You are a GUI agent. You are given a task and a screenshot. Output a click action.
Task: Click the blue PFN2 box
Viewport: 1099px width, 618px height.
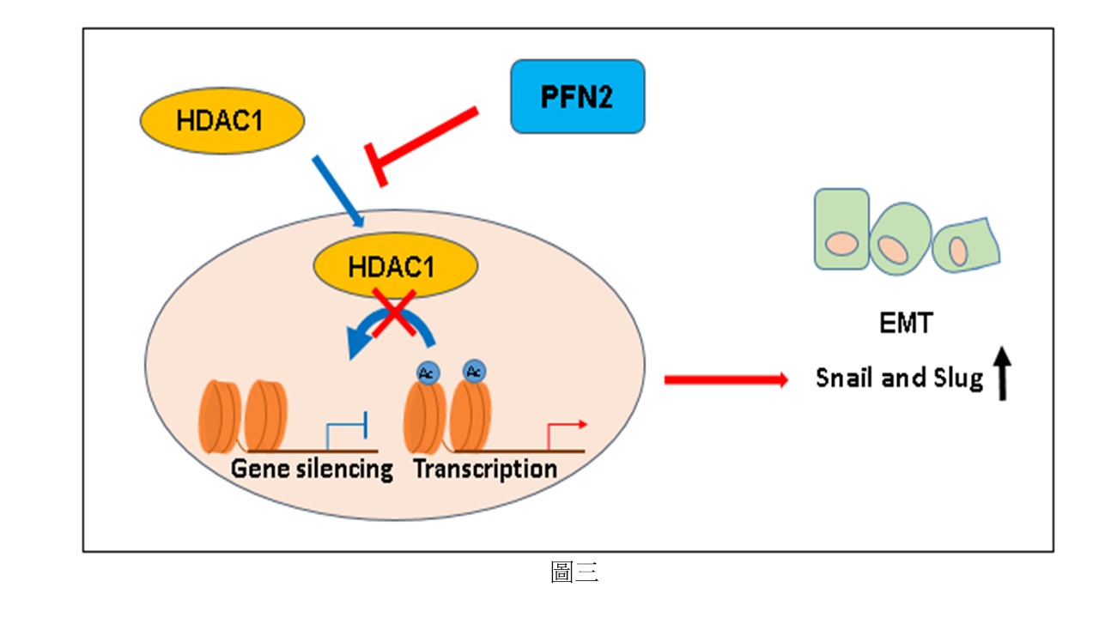pyautogui.click(x=577, y=96)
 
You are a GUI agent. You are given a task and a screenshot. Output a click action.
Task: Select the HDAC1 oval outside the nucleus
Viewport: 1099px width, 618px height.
pyautogui.click(x=222, y=120)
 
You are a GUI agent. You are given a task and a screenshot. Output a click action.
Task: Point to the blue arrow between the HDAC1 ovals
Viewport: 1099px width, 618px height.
pyautogui.click(x=337, y=191)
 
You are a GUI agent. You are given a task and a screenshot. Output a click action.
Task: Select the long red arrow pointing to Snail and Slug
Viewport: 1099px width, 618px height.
pyautogui.click(x=726, y=379)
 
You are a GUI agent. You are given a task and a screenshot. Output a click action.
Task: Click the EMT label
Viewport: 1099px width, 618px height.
pyautogui.click(x=905, y=324)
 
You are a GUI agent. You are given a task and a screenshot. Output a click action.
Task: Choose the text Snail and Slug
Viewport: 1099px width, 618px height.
pyautogui.click(x=899, y=378)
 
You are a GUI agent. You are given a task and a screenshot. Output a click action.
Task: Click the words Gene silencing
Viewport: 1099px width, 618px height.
pyautogui.click(x=312, y=469)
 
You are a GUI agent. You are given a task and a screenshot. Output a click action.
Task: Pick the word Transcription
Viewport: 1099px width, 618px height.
pyautogui.click(x=485, y=469)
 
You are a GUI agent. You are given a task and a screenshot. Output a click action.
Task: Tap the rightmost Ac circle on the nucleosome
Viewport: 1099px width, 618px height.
pyautogui.click(x=472, y=371)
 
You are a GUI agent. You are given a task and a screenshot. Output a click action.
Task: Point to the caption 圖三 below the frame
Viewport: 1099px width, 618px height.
pyautogui.click(x=574, y=573)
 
